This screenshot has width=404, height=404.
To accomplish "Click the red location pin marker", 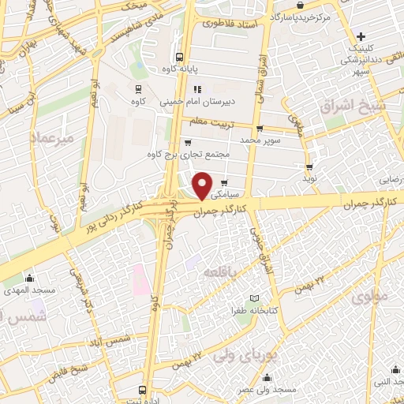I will pos(203,186).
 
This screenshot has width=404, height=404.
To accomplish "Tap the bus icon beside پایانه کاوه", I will pos(180,57).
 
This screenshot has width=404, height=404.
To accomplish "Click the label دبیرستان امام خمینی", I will pos(193,102).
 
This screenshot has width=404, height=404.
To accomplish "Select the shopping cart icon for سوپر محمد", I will pos(258,128).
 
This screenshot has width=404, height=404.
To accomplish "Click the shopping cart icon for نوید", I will pos(309,166).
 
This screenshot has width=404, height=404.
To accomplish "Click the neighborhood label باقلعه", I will pos(221,272).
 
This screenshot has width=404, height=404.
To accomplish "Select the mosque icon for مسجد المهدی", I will pos(30,278).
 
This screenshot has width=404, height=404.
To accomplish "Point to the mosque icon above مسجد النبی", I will pos(392,368).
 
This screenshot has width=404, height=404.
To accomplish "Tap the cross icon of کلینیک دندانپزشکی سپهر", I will pos(361,36).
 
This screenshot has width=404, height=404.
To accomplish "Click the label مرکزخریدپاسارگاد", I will pos(300,16).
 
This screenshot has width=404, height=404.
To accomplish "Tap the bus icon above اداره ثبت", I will pos(142,390).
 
